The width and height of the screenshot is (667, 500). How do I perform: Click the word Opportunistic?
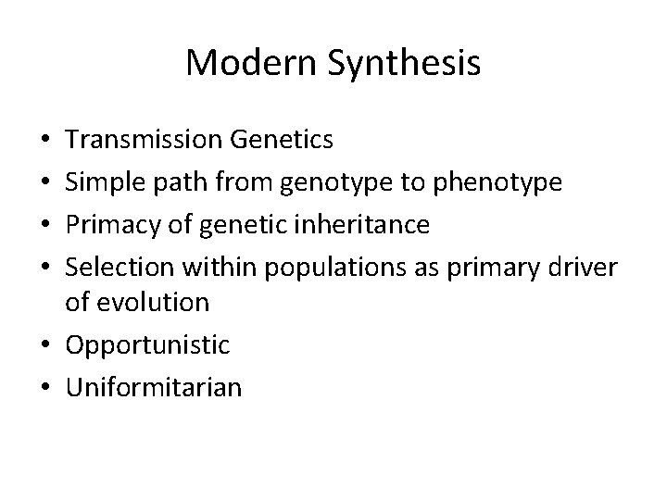tap(148, 344)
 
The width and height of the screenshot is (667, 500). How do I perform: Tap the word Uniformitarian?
tap(154, 385)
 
